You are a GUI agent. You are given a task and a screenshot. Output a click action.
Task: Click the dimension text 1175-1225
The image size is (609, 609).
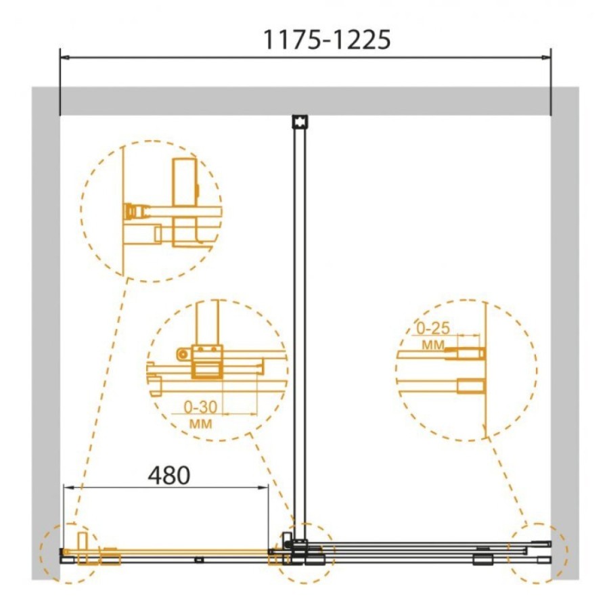coord(327,40)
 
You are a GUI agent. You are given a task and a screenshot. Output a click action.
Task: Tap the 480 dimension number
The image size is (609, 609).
coord(169,475)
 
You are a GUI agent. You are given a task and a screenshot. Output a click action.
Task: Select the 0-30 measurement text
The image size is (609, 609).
coord(200,407)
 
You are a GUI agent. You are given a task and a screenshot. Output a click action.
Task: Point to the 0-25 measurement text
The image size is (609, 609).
coord(433,329)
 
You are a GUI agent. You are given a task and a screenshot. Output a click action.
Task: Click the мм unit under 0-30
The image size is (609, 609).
coord(200,424)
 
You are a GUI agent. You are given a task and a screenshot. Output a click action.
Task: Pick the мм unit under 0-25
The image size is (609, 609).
coord(433,344)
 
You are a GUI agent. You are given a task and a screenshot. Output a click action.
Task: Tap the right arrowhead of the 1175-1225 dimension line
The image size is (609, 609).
coord(547,58)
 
